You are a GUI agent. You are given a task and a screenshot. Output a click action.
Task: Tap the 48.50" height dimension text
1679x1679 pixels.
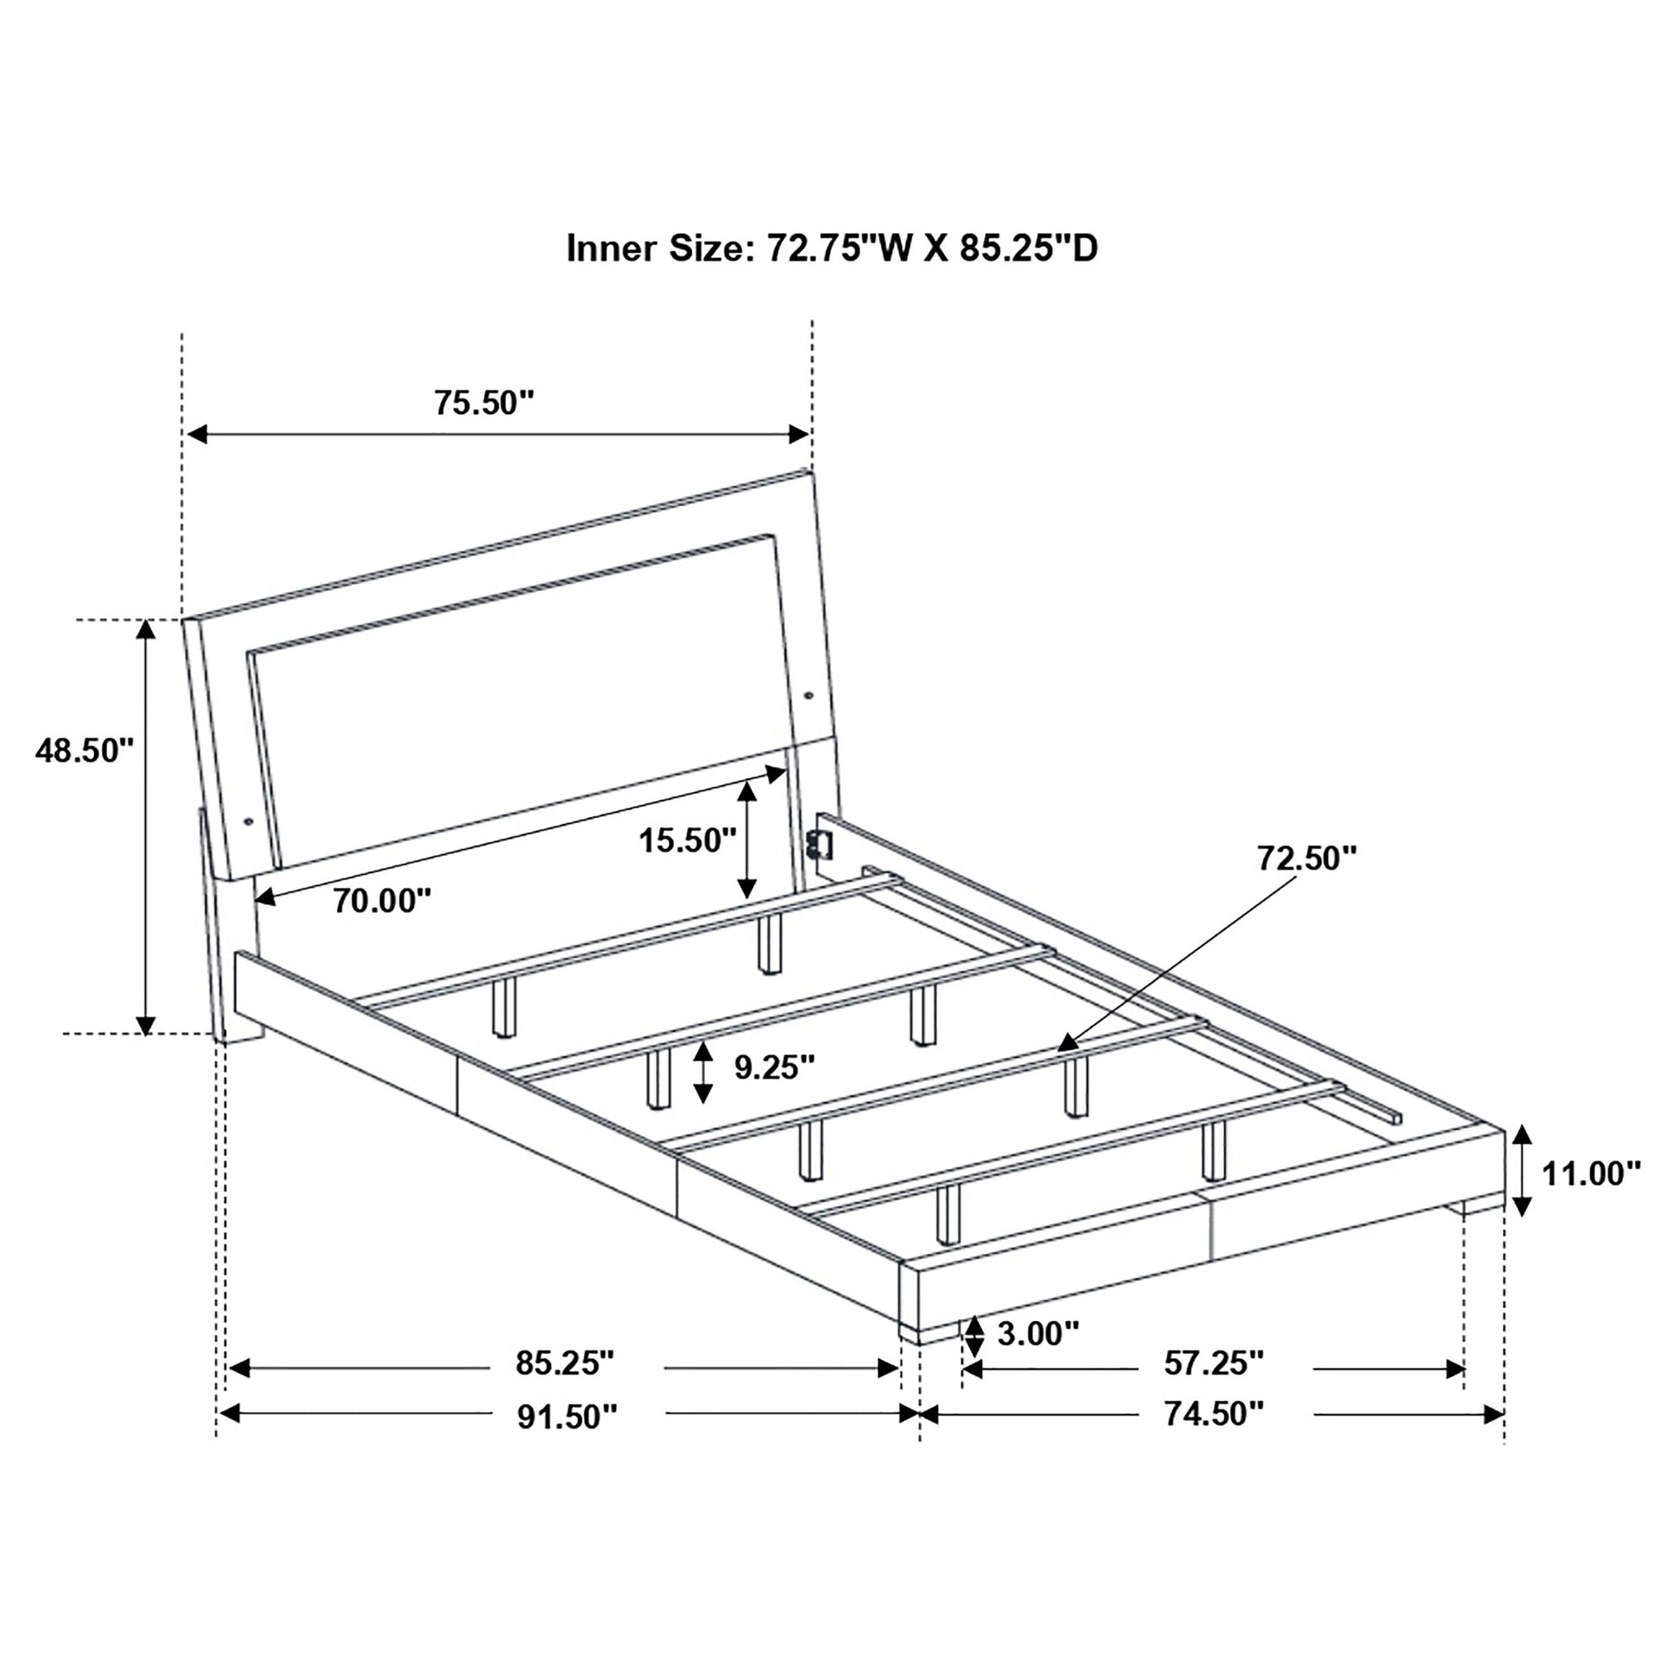(x=85, y=751)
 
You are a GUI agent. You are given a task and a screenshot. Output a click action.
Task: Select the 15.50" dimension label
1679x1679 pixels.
(x=688, y=840)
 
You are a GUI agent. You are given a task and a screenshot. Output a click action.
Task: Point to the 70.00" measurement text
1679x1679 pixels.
(x=382, y=901)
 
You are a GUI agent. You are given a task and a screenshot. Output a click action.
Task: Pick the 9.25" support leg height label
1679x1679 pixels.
(x=774, y=1066)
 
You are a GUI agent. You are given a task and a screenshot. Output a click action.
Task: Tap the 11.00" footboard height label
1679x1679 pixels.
(x=1591, y=1173)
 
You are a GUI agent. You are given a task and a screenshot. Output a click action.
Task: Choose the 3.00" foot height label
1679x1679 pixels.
(x=1039, y=1332)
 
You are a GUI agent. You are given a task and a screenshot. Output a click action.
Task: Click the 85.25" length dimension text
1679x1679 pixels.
(x=565, y=1362)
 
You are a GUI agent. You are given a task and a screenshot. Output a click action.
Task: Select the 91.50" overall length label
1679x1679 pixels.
(x=568, y=1417)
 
